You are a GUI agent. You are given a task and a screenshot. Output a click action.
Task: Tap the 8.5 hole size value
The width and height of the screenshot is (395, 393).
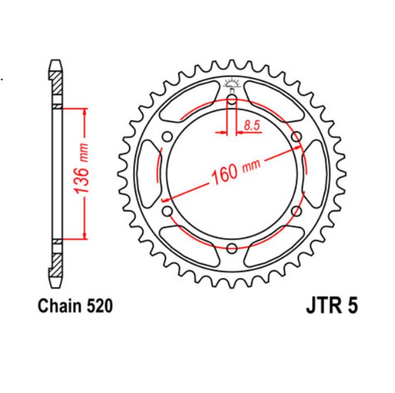[251, 125]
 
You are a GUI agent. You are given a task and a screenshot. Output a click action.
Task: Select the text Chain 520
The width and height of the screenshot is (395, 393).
[75, 305]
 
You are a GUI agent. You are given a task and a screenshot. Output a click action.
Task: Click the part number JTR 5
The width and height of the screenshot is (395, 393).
[331, 306]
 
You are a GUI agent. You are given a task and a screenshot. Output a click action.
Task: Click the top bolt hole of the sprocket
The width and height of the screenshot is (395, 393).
[232, 100]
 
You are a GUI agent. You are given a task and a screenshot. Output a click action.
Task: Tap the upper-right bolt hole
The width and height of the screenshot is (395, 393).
[296, 137]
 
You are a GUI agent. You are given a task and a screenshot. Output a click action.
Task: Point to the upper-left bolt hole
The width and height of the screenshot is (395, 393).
[168, 137]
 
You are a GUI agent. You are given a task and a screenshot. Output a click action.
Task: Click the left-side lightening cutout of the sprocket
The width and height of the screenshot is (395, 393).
[148, 173]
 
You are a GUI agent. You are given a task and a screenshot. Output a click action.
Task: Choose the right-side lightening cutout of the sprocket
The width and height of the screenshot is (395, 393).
[316, 173]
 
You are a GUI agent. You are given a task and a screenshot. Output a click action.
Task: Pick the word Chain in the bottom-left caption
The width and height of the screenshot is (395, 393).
[57, 305]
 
